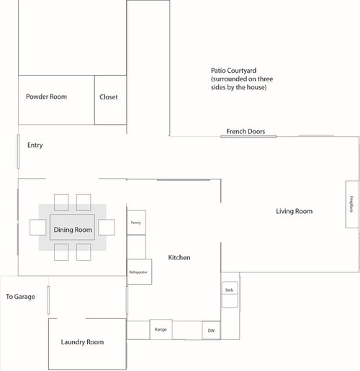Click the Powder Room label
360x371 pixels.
[x=46, y=97]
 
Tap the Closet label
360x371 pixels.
[x=109, y=97]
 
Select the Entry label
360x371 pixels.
[x=35, y=146]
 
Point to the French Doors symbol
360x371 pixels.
[x=248, y=136]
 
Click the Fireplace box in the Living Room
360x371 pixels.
[x=352, y=204]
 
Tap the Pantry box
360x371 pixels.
[x=136, y=223]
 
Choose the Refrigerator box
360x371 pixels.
[x=139, y=272]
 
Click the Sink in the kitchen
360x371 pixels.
[x=230, y=295]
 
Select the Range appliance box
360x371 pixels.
[x=161, y=329]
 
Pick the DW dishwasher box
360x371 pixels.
[x=211, y=331]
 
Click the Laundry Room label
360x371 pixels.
[x=82, y=342]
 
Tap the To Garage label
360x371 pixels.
[x=20, y=297]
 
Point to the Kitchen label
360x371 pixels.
[x=179, y=257]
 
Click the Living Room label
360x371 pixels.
[x=294, y=211]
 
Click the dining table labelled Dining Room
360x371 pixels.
[x=72, y=227]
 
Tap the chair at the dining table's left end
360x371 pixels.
[x=38, y=227]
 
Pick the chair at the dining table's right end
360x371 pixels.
[x=107, y=227]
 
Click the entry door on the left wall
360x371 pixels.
[x=18, y=151]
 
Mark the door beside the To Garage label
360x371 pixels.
[x=48, y=300]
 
